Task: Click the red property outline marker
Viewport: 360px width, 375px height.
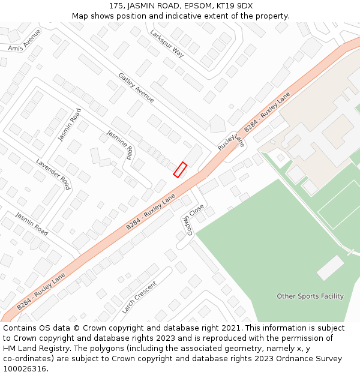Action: click(x=180, y=170)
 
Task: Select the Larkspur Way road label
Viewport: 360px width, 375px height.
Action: click(x=167, y=43)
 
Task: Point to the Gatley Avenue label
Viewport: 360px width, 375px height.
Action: click(x=136, y=87)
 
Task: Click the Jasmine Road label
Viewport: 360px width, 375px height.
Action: click(x=119, y=145)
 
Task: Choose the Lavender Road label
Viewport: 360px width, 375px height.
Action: click(x=53, y=174)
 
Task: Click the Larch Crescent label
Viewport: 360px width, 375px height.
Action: click(x=139, y=298)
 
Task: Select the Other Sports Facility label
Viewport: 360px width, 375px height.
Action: click(x=310, y=296)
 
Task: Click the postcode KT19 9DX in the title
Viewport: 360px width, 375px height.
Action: click(x=233, y=6)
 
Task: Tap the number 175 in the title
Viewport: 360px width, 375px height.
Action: click(x=116, y=6)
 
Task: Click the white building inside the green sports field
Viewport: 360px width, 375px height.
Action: click(x=330, y=268)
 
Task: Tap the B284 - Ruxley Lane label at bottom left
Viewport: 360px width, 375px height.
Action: click(x=41, y=292)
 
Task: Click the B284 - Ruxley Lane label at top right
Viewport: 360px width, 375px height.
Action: click(x=266, y=112)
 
